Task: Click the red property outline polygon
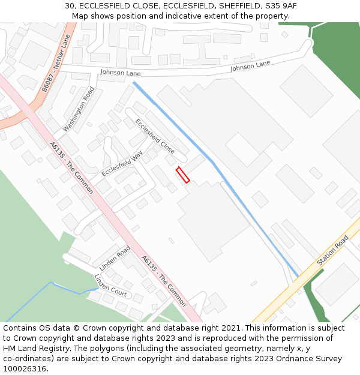point(183,175)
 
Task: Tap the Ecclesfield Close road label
point(155,136)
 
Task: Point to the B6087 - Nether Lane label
point(56,63)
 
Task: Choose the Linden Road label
point(115,258)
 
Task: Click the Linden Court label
point(110,285)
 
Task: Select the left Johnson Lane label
point(120,73)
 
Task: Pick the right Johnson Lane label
point(250,67)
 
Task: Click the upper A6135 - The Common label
point(71,168)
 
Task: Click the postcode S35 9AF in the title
point(281,6)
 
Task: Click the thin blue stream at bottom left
point(36,300)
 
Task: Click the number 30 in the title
point(70,6)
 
